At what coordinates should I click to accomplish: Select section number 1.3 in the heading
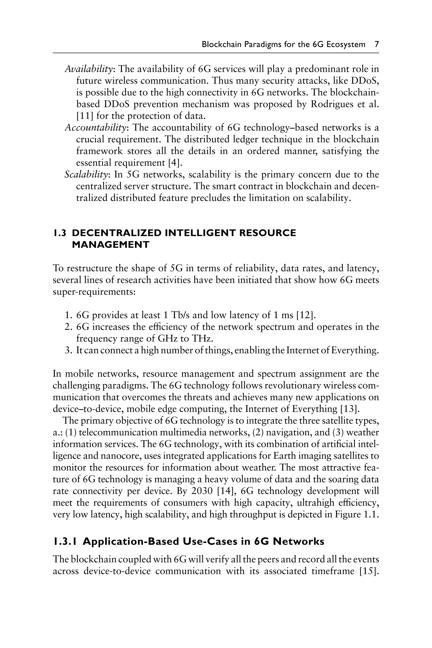point(59,233)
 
